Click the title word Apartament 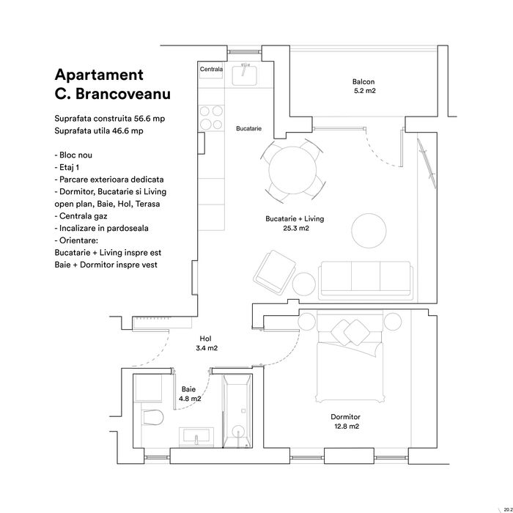click(99, 75)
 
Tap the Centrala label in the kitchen click(212, 70)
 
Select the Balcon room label click(363, 82)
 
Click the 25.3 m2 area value click(295, 229)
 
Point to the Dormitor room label click(345, 416)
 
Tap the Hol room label click(206, 339)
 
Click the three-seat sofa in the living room click(365, 276)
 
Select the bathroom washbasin click(196, 437)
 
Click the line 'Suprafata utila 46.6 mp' click(99, 130)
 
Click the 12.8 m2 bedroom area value click(345, 426)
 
